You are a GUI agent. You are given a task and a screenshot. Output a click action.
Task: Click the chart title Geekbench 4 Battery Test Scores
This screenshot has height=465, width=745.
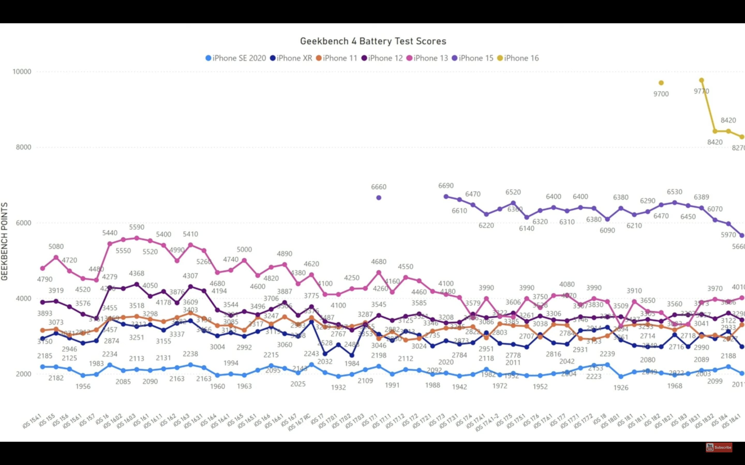point(373,41)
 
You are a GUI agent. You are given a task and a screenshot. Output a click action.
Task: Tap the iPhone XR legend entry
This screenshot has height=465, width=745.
point(291,58)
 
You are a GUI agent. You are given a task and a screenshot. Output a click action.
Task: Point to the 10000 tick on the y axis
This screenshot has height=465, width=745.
point(22,72)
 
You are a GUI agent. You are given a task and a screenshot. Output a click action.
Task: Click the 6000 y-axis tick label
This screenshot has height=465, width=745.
point(23,223)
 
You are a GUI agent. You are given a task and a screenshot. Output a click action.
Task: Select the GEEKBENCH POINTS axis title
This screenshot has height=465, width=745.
point(5,242)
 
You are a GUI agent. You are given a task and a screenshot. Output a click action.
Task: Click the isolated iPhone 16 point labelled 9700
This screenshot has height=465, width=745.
point(661,83)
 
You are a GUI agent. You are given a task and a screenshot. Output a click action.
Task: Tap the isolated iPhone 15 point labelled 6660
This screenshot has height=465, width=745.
point(379,198)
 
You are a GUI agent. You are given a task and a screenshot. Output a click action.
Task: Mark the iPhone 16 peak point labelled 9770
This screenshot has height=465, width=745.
point(702,80)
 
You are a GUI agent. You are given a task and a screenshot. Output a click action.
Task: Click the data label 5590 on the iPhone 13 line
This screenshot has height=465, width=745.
point(137,227)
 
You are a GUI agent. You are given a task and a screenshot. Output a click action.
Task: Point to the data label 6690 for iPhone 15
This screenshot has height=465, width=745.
point(446,186)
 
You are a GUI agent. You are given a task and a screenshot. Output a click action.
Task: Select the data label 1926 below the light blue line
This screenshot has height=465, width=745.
point(621,388)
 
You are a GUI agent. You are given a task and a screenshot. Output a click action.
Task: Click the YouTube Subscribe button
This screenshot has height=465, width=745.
point(719,447)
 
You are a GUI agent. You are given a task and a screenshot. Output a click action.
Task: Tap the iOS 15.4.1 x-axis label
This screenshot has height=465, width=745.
point(32,421)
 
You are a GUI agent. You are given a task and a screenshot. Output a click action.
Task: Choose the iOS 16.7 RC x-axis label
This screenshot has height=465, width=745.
point(299,423)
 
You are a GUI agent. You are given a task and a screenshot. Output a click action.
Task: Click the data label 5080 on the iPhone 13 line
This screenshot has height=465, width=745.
point(56,247)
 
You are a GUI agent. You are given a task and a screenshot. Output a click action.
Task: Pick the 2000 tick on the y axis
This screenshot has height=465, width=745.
point(23,374)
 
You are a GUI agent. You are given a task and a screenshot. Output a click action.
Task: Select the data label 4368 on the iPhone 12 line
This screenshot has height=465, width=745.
point(137,273)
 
